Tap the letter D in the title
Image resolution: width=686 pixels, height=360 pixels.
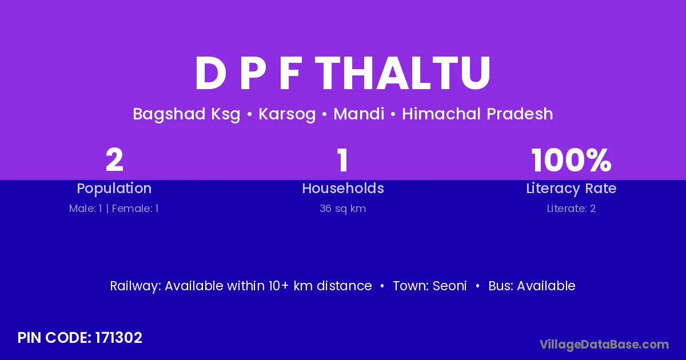(211, 74)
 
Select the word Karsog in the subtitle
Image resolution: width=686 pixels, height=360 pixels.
(287, 114)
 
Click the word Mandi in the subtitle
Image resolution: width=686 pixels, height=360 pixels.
(358, 114)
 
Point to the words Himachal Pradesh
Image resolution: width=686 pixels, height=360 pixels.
(477, 114)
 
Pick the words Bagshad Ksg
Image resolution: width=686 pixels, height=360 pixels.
(186, 114)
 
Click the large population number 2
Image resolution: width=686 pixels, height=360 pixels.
(114, 160)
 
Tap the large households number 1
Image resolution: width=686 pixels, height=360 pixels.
(342, 160)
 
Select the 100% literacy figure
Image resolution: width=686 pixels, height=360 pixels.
(572, 160)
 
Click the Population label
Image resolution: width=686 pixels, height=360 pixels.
(114, 189)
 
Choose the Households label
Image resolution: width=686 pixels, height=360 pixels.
(343, 188)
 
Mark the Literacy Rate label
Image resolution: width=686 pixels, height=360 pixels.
(571, 189)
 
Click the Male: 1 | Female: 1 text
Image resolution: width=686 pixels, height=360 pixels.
(114, 209)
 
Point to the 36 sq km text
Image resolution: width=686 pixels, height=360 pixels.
(342, 209)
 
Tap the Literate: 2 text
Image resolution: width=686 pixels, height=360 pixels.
(571, 209)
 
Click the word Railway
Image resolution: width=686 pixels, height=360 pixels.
(135, 286)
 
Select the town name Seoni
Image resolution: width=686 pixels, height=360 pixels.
(449, 286)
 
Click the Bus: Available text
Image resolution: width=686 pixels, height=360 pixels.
(532, 286)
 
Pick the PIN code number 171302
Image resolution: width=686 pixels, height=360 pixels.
(118, 338)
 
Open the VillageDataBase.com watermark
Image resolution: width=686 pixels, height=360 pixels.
(604, 345)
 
